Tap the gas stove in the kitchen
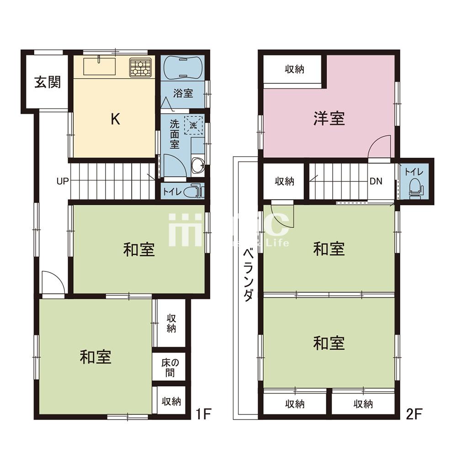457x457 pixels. pyautogui.click(x=140, y=67)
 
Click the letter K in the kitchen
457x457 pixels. pyautogui.click(x=116, y=120)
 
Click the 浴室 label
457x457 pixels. pyautogui.click(x=183, y=93)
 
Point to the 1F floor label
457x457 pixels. pyautogui.click(x=203, y=415)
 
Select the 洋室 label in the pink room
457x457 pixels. pyautogui.click(x=329, y=119)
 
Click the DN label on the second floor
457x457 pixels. pyautogui.click(x=376, y=181)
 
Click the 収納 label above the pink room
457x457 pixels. pyautogui.click(x=295, y=69)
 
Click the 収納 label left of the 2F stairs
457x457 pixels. pyautogui.click(x=284, y=181)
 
